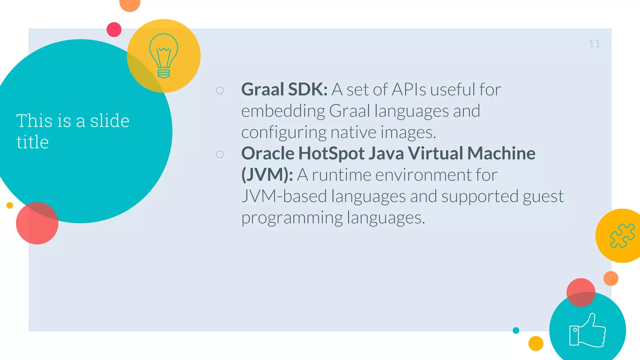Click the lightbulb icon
[163, 56]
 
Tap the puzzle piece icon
[622, 236]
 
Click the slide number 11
[594, 43]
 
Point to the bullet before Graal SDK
[220, 90]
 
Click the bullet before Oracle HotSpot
[220, 154]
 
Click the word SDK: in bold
[308, 89]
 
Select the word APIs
[409, 89]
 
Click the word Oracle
[268, 153]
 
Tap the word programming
[292, 217]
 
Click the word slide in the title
[110, 121]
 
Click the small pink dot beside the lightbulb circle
[114, 30]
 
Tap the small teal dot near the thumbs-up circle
[516, 330]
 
